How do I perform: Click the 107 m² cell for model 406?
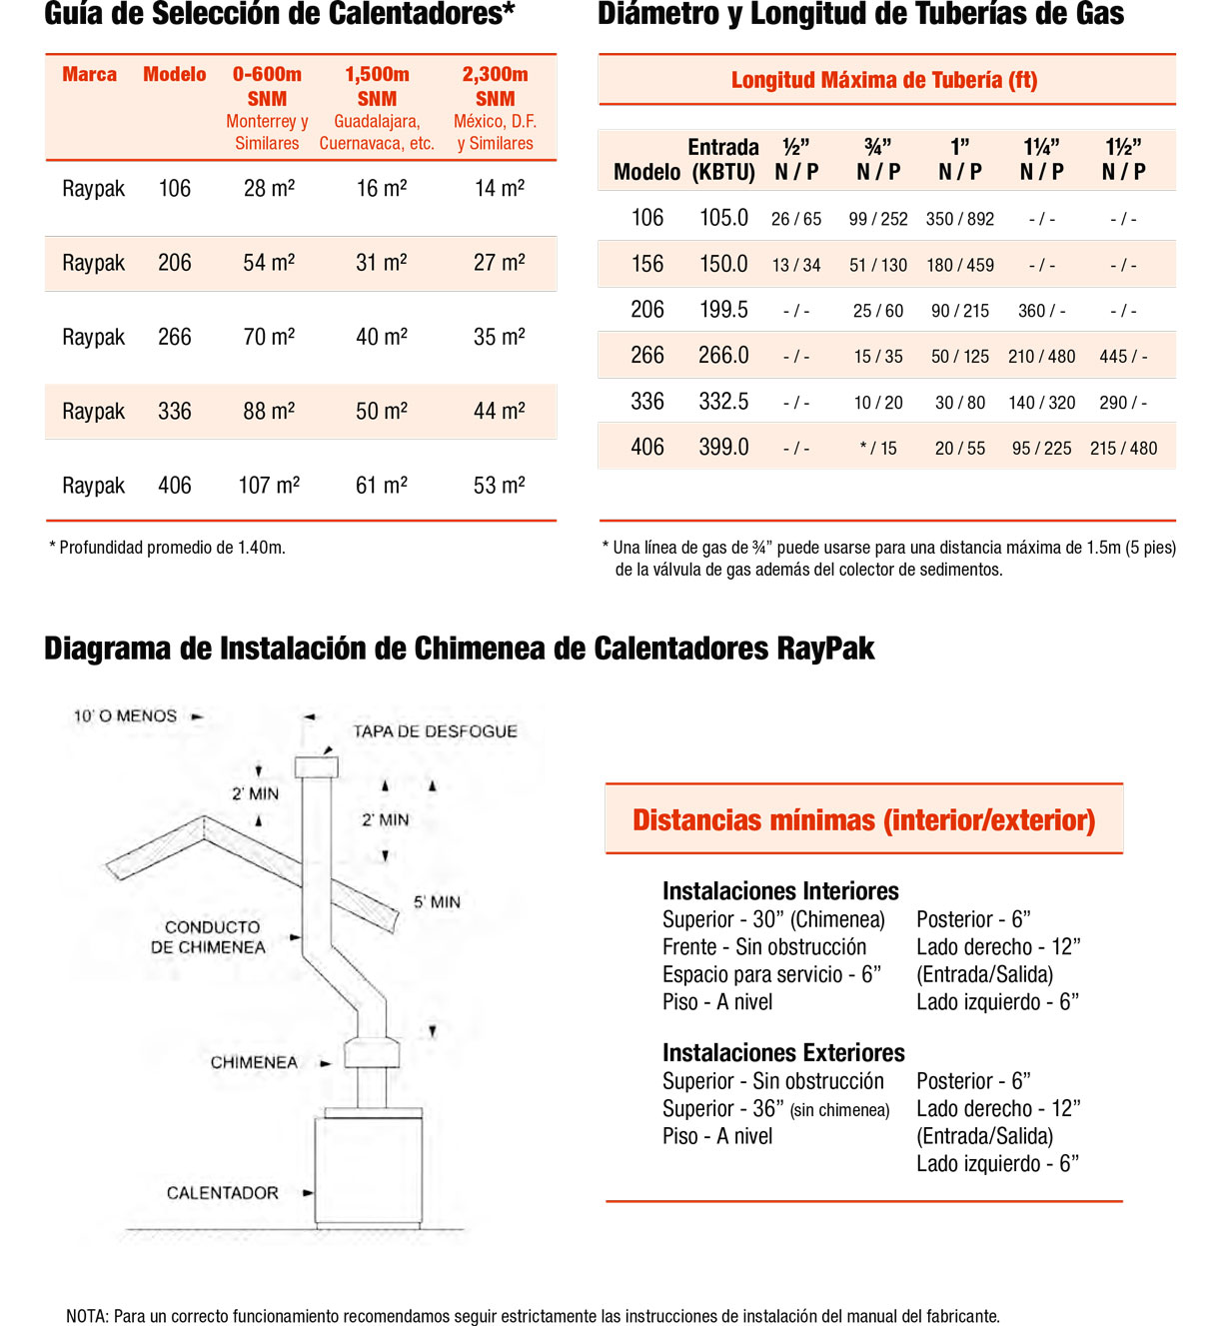269,486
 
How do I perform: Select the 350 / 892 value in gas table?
959,219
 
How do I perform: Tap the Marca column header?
89,75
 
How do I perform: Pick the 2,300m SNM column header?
495,87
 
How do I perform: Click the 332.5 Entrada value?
723,402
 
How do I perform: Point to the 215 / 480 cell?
1123,449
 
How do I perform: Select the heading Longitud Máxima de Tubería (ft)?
884,81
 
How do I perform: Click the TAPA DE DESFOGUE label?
435,731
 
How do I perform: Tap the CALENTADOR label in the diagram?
222,1193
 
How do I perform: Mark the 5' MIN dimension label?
437,902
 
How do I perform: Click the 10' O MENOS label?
125,716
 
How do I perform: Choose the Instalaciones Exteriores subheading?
783,1052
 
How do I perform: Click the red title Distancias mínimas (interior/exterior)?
863,820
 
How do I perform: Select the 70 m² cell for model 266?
269,337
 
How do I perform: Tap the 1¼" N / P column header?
1041,160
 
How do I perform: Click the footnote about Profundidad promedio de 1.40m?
167,548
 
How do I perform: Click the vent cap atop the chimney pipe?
316,767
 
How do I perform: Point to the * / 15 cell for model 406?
878,449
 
